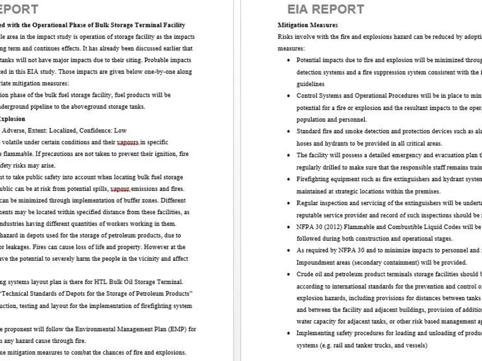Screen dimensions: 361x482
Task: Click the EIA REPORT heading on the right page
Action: point(325,9)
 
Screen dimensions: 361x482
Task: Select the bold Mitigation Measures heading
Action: point(308,25)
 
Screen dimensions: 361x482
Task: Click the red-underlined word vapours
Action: point(128,142)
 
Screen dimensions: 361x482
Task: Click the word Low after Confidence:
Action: point(120,130)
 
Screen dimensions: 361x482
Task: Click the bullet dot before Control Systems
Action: point(288,96)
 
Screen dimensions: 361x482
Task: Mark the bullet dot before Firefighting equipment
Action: point(288,179)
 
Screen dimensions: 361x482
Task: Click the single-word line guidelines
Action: point(310,84)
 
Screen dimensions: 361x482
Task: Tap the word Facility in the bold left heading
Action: point(173,25)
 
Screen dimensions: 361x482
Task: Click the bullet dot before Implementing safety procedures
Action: point(288,333)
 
